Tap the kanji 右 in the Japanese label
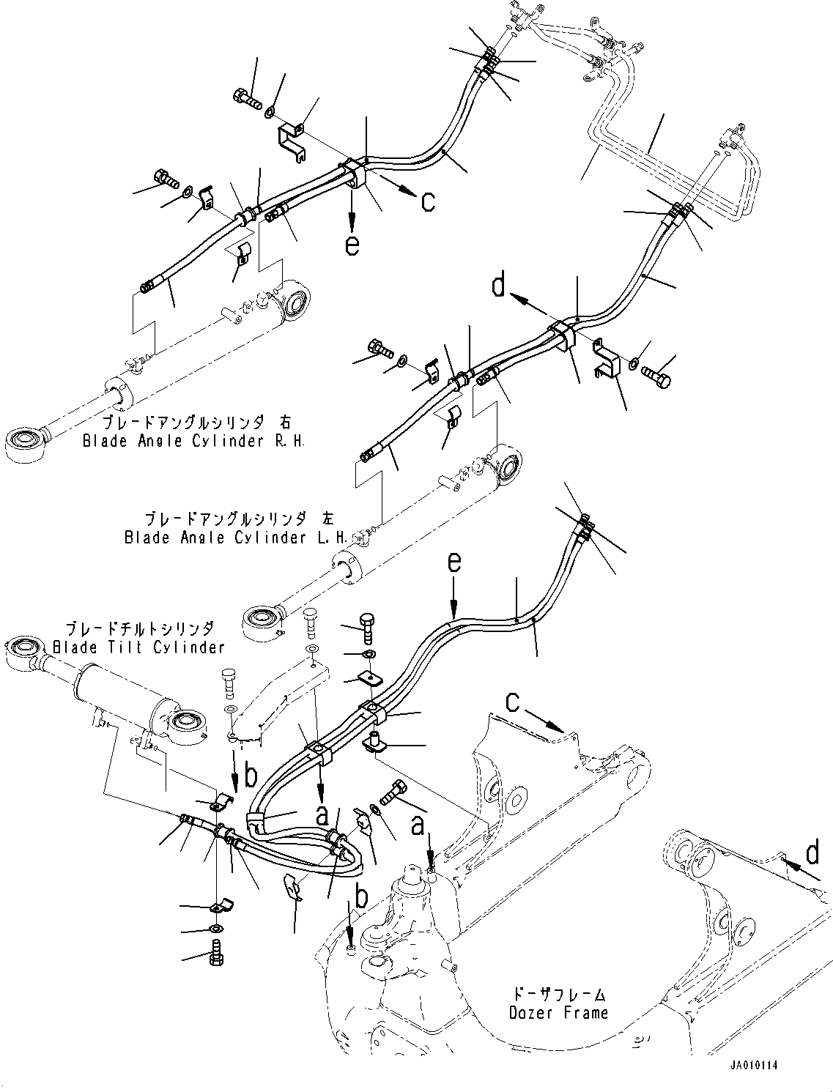[285, 423]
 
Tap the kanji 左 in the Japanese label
[327, 519]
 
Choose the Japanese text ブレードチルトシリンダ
[141, 628]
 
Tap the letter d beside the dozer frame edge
[812, 854]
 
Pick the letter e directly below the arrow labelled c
[352, 245]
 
